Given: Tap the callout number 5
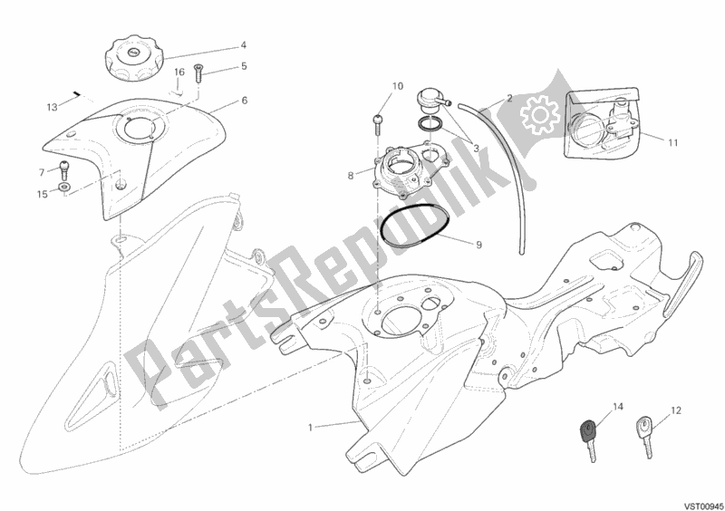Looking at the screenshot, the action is [244, 66].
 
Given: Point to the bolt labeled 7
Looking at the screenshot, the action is [63, 169].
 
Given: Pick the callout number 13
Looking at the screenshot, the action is [53, 107].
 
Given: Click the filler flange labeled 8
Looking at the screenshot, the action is [411, 171].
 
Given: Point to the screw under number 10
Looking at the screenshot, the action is [378, 123].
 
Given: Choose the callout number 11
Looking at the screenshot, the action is [673, 143].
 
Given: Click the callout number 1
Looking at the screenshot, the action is [311, 428].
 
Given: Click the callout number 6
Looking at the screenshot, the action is [244, 101].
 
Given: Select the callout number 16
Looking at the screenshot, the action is [179, 72].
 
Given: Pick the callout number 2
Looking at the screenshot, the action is [509, 98].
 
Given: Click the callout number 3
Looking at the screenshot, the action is [475, 149].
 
